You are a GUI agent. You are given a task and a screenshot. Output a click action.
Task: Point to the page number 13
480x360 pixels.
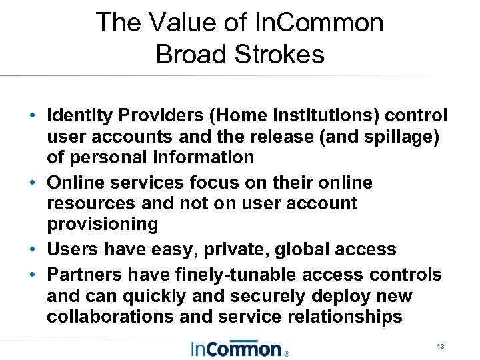tap(440, 347)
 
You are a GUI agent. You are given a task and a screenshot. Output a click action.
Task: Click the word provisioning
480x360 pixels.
tap(103, 224)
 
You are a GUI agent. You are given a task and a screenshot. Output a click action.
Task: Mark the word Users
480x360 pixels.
tap(71, 249)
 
